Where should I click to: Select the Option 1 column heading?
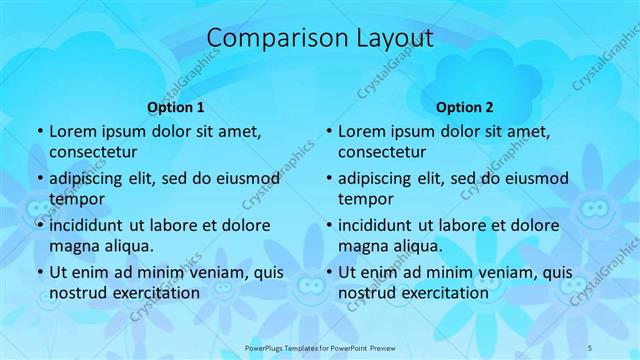click(176, 108)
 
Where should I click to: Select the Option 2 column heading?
click(465, 108)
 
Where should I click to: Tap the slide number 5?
click(591, 347)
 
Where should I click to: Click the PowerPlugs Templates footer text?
click(319, 347)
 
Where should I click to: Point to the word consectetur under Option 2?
click(382, 153)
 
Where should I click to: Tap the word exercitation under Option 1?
click(150, 293)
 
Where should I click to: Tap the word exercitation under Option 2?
click(439, 293)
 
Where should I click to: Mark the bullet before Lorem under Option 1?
click(39, 132)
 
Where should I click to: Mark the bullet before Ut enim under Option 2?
click(328, 273)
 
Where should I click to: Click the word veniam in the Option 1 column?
click(213, 272)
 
